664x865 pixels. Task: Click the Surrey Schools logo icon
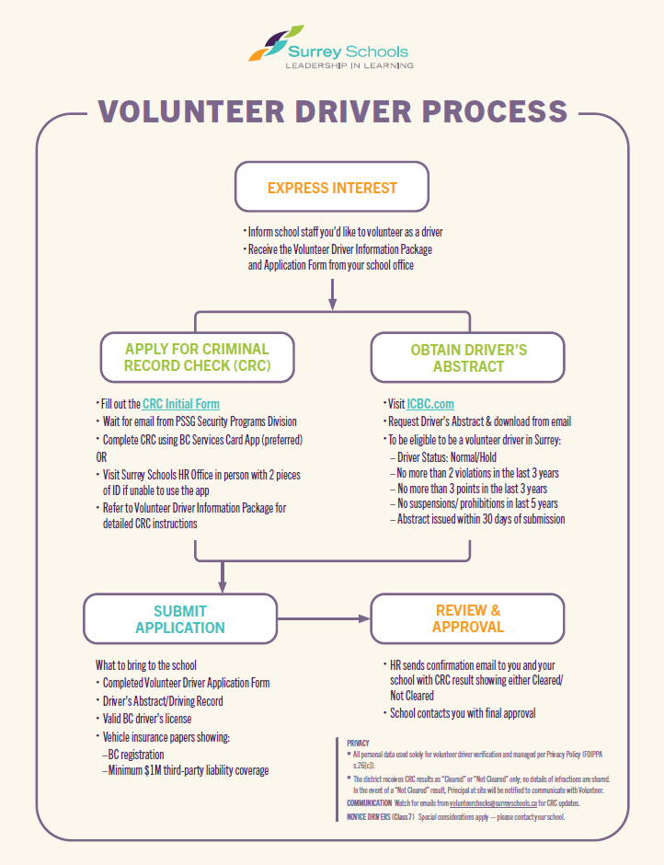tap(276, 42)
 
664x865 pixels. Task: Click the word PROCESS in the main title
tap(495, 111)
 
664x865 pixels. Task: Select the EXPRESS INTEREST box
tap(332, 187)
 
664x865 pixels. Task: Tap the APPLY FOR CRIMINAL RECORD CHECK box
tap(197, 357)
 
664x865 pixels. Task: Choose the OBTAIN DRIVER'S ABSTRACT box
tap(468, 357)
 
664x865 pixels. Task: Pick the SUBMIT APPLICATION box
tap(180, 619)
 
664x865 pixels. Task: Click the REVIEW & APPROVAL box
tap(468, 619)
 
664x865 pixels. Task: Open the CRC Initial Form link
tap(181, 404)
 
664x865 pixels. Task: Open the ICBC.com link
tap(430, 404)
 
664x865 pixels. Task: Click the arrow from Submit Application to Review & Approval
tap(324, 619)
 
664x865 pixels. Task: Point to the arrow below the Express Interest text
tap(332, 294)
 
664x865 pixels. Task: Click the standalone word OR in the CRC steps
tap(101, 457)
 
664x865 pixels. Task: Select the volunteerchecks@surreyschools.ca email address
tap(493, 803)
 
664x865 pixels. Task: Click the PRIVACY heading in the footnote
tap(358, 744)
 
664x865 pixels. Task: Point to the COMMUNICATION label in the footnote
tap(369, 803)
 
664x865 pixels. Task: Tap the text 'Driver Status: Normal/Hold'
tap(447, 457)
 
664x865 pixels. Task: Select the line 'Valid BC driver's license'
tap(147, 719)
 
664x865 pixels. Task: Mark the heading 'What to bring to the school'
tap(145, 665)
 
